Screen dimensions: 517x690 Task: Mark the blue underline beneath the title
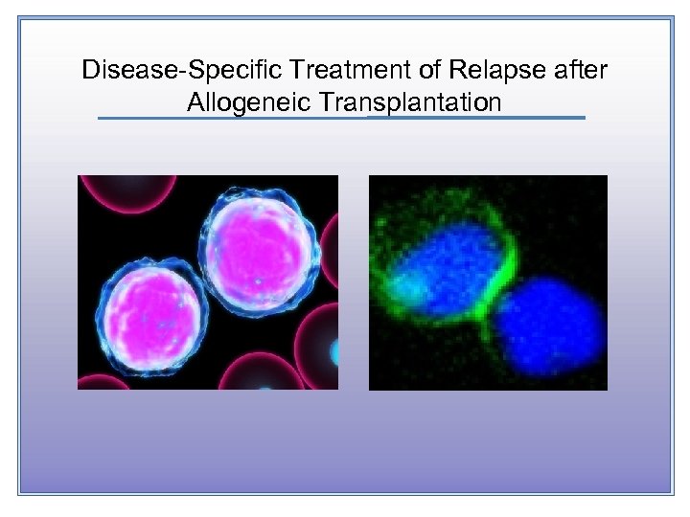tap(341, 118)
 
